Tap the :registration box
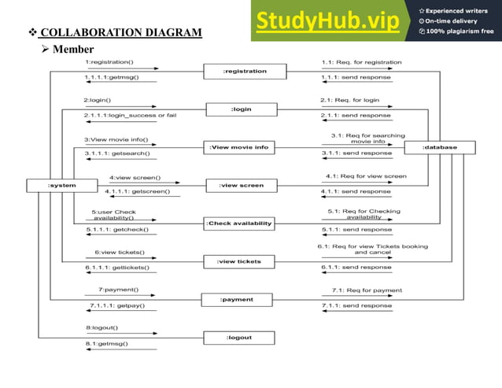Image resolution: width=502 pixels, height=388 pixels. coord(245,72)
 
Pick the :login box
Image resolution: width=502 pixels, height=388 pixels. coord(241,109)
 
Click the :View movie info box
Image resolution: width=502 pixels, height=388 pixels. coord(239,147)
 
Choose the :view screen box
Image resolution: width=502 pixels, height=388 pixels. coord(241,186)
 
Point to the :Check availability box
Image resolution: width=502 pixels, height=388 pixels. coord(239,224)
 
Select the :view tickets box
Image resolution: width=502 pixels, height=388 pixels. coord(239,261)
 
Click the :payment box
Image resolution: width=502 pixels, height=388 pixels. coord(237,299)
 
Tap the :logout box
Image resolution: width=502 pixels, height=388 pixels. coord(239,337)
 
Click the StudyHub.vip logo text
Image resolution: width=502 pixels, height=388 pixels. coord(330,20)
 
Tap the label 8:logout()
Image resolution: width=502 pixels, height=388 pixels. coord(102,327)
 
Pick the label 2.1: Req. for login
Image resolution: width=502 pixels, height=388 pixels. coord(349,100)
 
